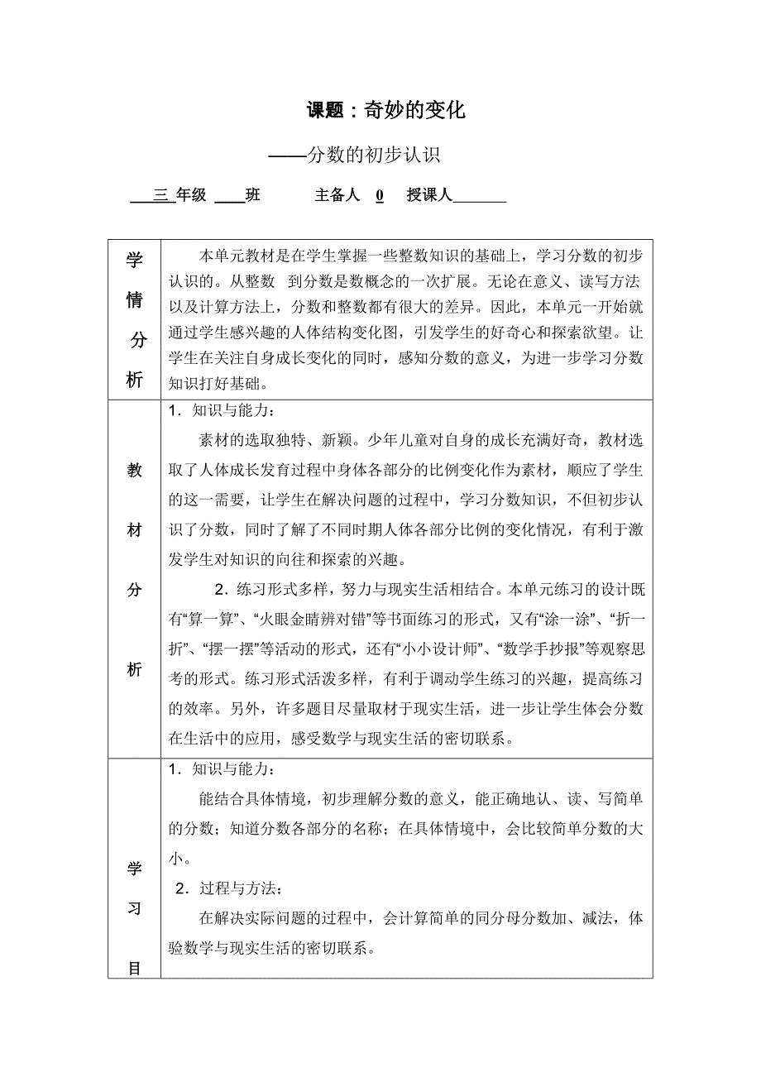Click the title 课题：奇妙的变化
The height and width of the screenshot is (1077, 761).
coord(386,110)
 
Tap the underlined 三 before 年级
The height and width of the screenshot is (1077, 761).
coord(160,195)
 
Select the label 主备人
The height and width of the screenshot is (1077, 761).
coord(337,195)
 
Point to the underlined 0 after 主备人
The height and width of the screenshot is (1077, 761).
coord(380,196)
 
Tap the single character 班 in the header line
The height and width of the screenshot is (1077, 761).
coord(252,195)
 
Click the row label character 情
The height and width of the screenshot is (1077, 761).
coord(134,301)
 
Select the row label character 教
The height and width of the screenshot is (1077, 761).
coord(134,471)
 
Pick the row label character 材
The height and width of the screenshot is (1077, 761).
coord(134,530)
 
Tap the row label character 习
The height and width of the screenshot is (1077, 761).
coord(134,909)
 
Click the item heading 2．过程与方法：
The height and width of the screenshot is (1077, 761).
coord(229,890)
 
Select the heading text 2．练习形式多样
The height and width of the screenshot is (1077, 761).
coord(272,590)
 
